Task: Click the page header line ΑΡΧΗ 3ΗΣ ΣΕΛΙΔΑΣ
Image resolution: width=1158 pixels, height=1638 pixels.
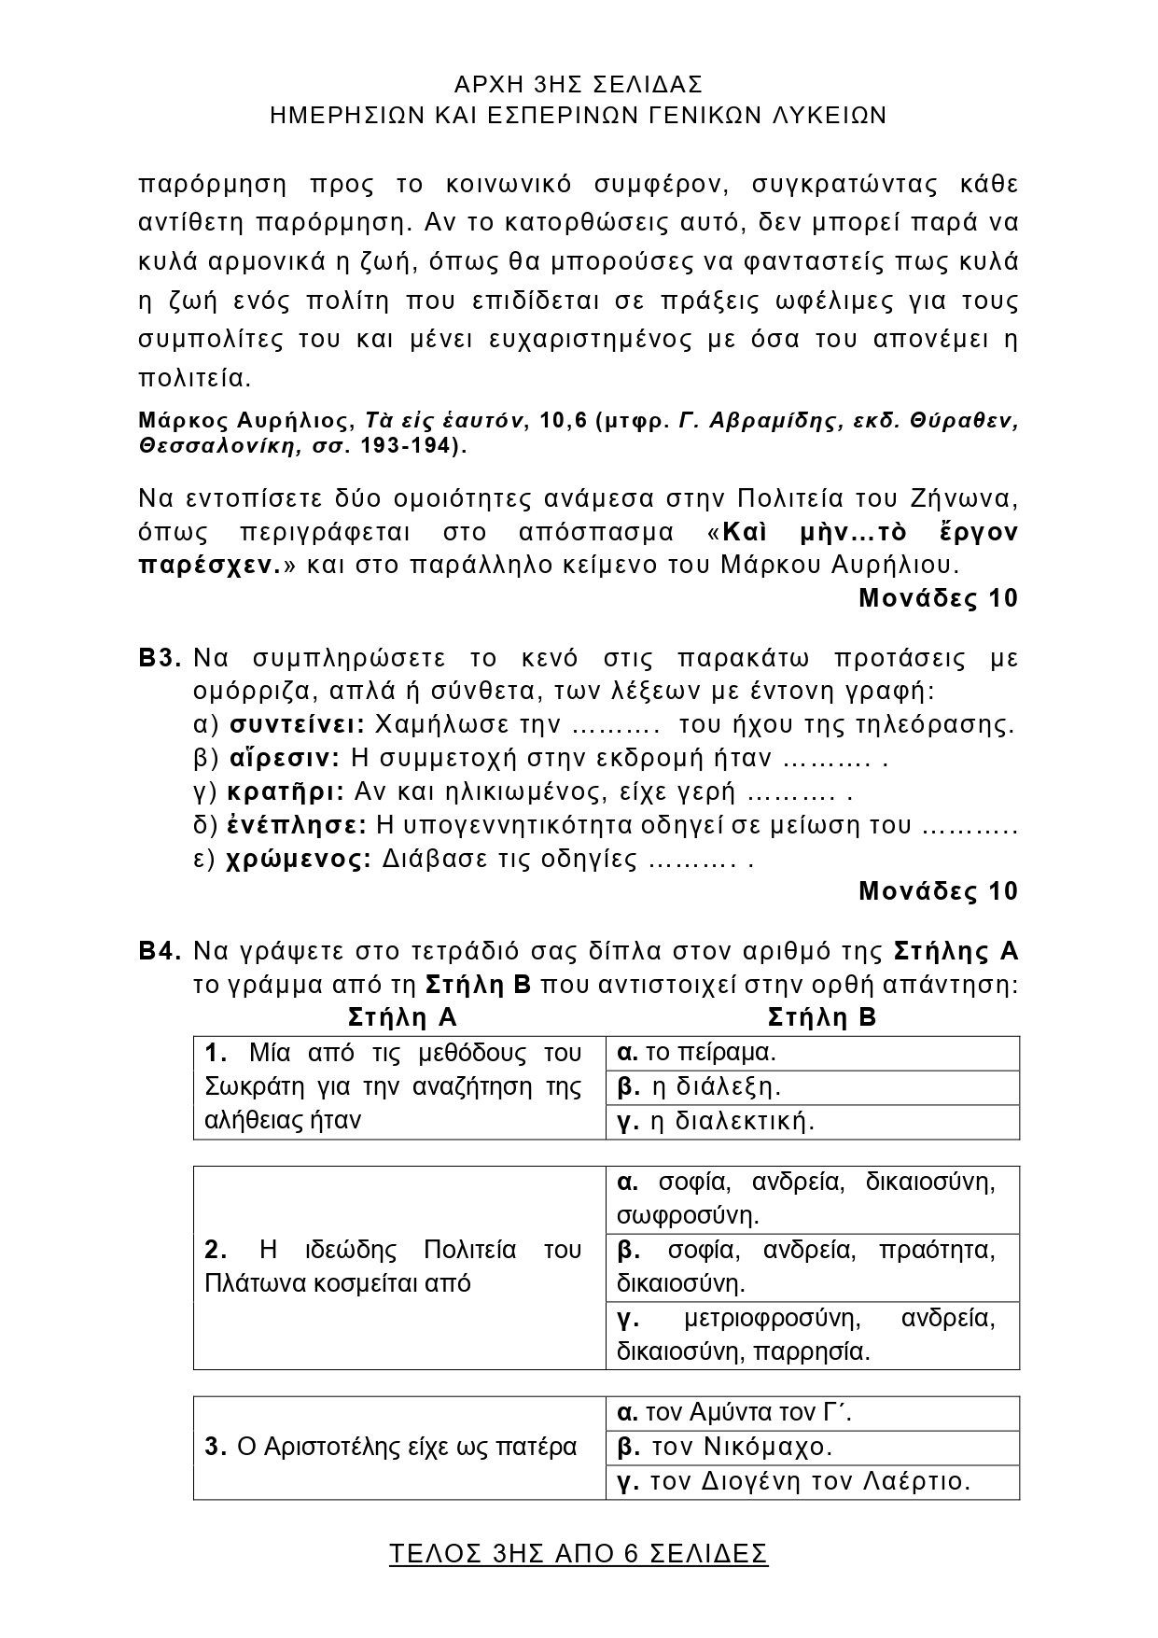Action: pyautogui.click(x=578, y=85)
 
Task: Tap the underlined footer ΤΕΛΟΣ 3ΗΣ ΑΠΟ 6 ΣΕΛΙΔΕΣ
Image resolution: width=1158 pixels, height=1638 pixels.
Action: pyautogui.click(x=578, y=1553)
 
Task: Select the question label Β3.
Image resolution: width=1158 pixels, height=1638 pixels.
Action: pyautogui.click(x=160, y=658)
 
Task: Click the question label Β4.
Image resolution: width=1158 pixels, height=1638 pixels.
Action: pyautogui.click(x=160, y=951)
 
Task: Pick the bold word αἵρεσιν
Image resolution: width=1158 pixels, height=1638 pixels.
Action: pyautogui.click(x=286, y=758)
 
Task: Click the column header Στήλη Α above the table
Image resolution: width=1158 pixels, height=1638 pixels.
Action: pyautogui.click(x=402, y=1016)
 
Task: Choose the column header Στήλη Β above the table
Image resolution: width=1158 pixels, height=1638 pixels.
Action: pyautogui.click(x=821, y=1016)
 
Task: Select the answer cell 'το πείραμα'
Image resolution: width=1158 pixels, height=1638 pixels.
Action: pyautogui.click(x=812, y=1053)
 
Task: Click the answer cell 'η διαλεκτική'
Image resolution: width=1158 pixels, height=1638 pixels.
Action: pyautogui.click(x=812, y=1121)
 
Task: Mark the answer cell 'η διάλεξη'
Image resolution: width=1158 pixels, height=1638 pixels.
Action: pyautogui.click(x=812, y=1087)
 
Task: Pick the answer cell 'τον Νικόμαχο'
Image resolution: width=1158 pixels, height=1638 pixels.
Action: pyautogui.click(x=812, y=1448)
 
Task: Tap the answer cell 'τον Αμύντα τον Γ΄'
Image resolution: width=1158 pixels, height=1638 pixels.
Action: pyautogui.click(x=812, y=1413)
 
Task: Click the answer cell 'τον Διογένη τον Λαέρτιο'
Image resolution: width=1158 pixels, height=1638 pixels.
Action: pyautogui.click(x=812, y=1481)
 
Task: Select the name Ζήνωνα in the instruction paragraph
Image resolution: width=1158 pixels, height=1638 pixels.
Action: pyautogui.click(x=970, y=496)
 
